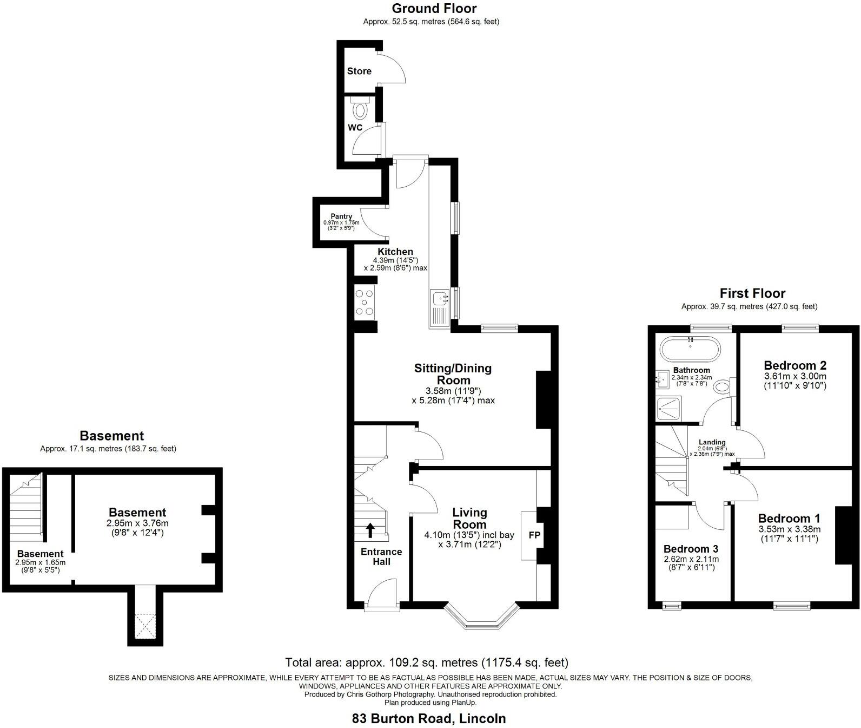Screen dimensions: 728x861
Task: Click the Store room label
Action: (x=359, y=71)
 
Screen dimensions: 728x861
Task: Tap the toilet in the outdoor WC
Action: (x=360, y=110)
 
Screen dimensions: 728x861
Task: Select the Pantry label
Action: (x=341, y=217)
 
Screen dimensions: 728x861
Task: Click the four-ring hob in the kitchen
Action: (x=365, y=303)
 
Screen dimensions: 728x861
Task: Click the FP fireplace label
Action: (x=534, y=535)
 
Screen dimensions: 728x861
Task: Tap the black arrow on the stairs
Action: (x=370, y=529)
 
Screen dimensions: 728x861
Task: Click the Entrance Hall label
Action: (x=381, y=556)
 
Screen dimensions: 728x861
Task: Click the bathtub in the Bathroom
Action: (x=690, y=349)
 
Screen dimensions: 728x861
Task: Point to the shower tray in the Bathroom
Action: (x=668, y=409)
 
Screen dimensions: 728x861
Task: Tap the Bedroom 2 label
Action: (x=794, y=365)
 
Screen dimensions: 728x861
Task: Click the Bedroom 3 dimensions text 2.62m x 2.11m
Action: (x=690, y=559)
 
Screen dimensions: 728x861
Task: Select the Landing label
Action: (x=712, y=442)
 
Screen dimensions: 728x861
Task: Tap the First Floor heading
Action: (x=752, y=293)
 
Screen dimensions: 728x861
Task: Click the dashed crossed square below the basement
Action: (x=145, y=625)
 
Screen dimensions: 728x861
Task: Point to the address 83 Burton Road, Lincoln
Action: (x=429, y=719)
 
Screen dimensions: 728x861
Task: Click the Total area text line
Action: (x=427, y=662)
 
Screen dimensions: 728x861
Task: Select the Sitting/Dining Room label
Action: (x=453, y=374)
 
